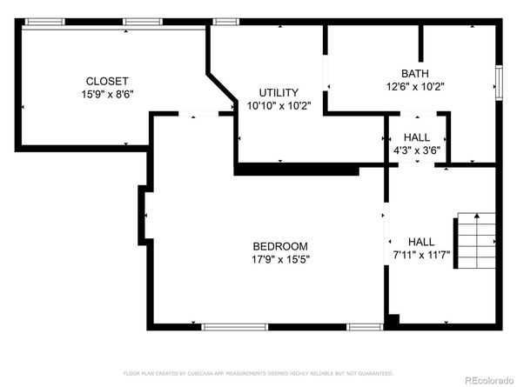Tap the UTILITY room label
(x=279, y=92)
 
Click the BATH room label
(x=414, y=73)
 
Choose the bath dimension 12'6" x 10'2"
(x=414, y=85)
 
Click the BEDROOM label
(x=280, y=246)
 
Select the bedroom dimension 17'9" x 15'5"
(x=280, y=258)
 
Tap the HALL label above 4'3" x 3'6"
(x=416, y=137)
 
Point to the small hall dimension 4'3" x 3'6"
(x=416, y=150)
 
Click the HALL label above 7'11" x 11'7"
(x=421, y=242)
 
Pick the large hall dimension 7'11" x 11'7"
(x=421, y=255)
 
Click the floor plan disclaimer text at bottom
(x=258, y=372)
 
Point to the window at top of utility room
(x=226, y=21)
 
